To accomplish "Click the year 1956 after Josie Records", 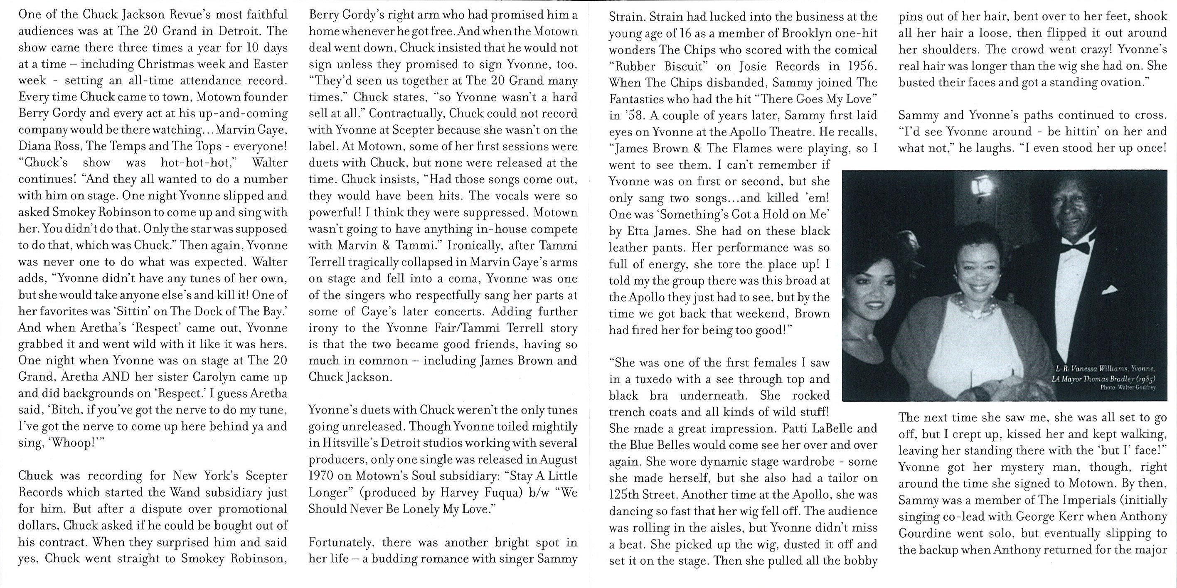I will point(862,66).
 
